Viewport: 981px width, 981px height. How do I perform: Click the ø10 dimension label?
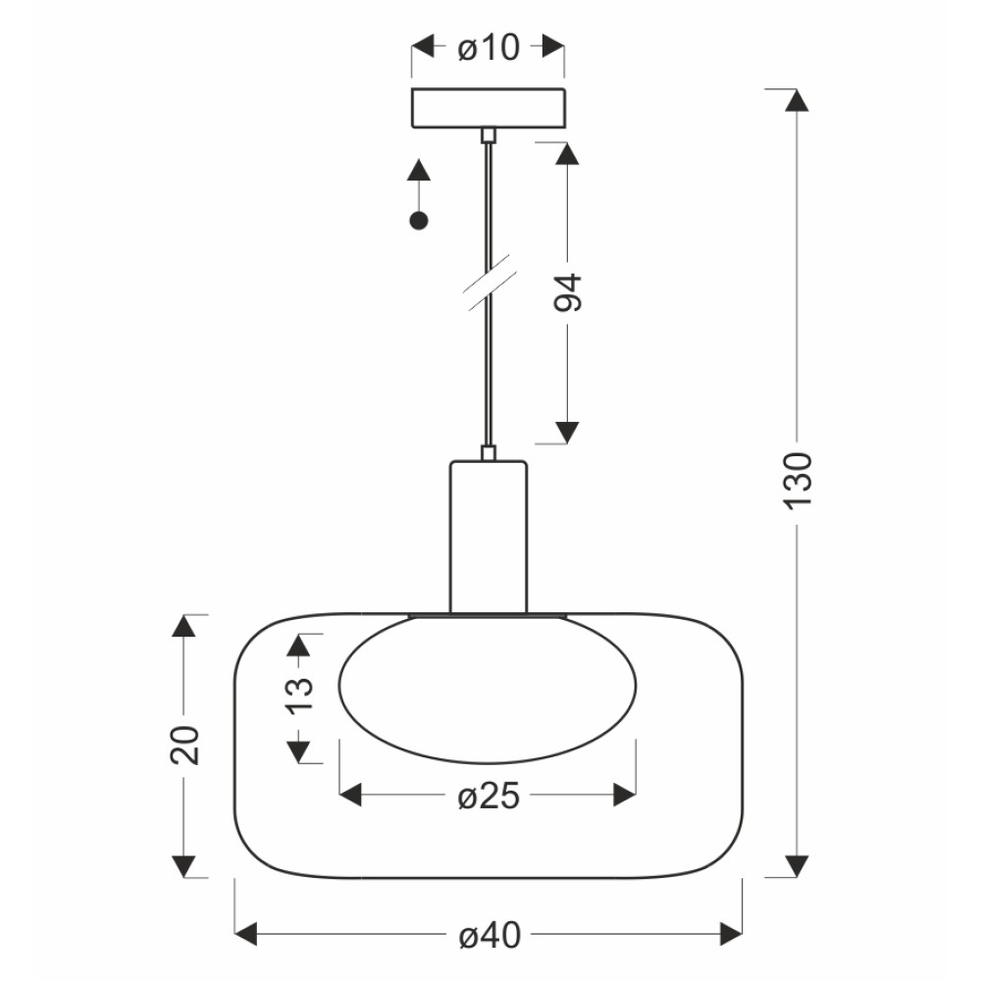(488, 47)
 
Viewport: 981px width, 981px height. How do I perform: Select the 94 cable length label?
(568, 292)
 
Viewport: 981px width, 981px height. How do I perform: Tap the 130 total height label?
(797, 480)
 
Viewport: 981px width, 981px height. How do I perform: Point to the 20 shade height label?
(184, 746)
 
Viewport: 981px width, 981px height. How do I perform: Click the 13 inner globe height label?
(299, 694)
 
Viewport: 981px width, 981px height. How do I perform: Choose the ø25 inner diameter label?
(489, 797)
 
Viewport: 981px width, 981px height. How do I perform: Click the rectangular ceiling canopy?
(489, 108)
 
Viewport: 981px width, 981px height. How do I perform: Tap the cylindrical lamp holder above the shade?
(489, 537)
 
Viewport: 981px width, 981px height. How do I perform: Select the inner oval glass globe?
(488, 690)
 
